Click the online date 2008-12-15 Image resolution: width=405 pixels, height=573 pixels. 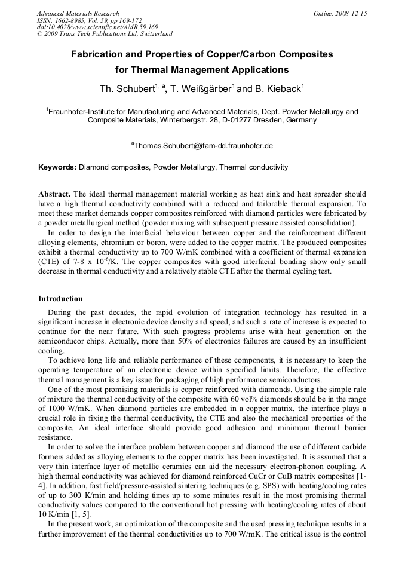(351, 13)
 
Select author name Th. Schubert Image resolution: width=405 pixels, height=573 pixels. (127, 89)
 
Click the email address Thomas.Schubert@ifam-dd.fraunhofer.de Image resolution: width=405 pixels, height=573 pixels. (203, 145)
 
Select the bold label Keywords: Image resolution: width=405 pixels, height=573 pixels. (57, 167)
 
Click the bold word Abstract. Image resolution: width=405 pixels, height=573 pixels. (54, 194)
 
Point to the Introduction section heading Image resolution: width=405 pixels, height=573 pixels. (60, 298)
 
